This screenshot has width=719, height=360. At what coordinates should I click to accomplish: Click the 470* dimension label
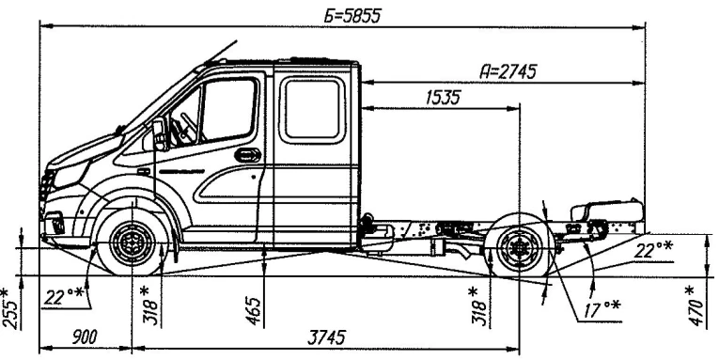697,302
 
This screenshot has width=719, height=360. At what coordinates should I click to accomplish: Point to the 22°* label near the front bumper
63,297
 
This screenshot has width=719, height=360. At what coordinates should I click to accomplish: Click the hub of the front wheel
129,244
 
